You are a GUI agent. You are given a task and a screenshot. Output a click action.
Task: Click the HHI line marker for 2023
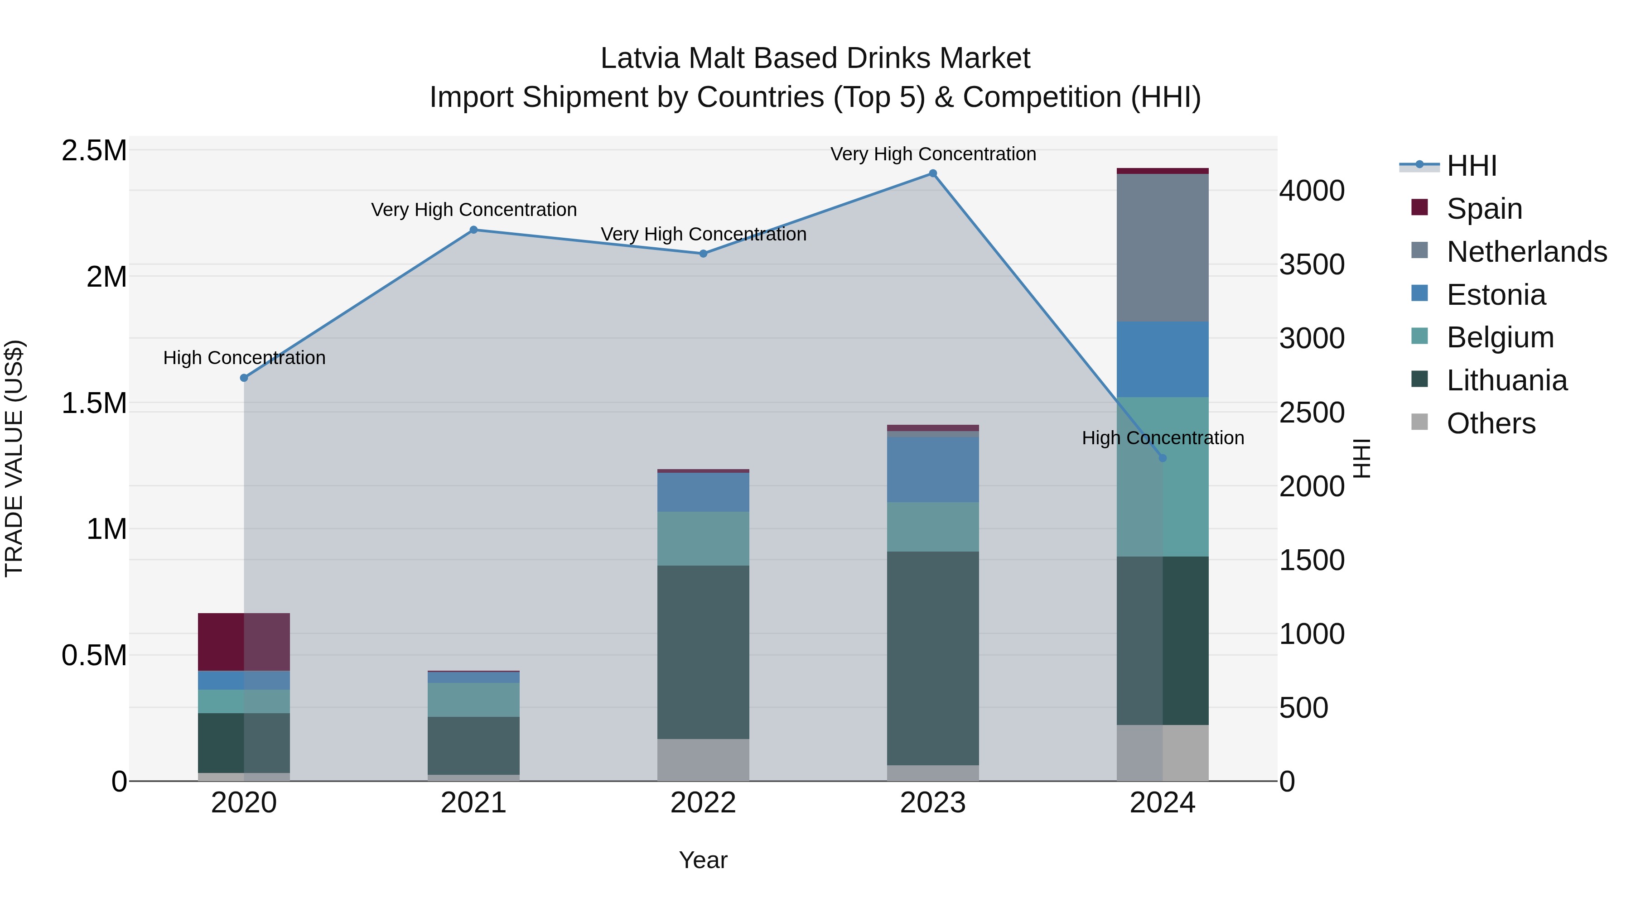click(933, 173)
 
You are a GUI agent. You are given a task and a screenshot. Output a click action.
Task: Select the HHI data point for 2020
click(244, 378)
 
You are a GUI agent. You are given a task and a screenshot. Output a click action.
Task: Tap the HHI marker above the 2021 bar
click(473, 230)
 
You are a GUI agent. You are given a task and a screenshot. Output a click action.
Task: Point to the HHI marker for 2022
click(703, 254)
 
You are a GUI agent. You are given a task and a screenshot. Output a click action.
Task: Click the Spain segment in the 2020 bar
click(244, 642)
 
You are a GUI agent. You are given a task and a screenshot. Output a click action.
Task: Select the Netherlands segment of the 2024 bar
click(1163, 247)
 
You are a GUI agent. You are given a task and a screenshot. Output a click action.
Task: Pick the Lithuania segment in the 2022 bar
click(703, 652)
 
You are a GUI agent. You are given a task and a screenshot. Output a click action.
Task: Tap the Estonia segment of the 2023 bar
click(933, 469)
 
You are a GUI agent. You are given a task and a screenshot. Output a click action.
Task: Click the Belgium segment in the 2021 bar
click(473, 699)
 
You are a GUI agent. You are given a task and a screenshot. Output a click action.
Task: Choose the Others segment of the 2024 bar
click(1163, 753)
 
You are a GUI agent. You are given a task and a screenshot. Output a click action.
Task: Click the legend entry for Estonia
click(1496, 295)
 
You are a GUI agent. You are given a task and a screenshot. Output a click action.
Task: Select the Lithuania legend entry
click(1507, 380)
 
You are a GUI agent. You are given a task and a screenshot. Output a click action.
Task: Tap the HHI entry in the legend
click(1472, 166)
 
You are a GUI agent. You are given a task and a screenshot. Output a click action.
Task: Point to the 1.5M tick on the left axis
click(94, 403)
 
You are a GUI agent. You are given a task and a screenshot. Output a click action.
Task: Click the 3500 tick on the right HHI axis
click(1312, 264)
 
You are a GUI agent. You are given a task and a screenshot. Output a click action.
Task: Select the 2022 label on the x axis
click(703, 803)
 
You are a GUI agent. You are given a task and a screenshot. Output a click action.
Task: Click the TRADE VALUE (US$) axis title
click(14, 458)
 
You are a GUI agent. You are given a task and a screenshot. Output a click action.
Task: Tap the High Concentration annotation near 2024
click(1163, 438)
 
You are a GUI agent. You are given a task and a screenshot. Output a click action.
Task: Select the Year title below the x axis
click(703, 860)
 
